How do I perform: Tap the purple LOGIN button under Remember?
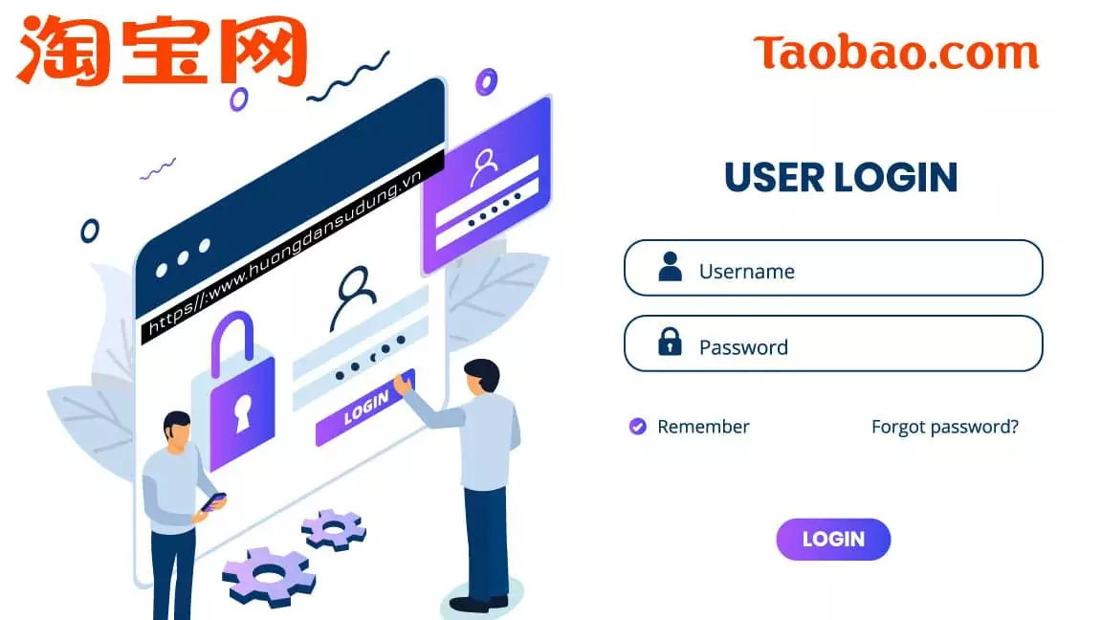click(x=833, y=540)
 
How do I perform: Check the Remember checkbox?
click(x=637, y=427)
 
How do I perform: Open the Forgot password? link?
click(x=944, y=427)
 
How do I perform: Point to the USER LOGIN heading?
click(x=841, y=178)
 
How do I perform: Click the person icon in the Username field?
click(x=671, y=267)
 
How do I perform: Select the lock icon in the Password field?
click(x=670, y=342)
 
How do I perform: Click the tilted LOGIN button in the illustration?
click(x=365, y=408)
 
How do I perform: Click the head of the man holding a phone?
click(x=177, y=430)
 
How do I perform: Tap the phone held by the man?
click(x=213, y=500)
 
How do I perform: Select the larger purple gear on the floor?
click(x=268, y=575)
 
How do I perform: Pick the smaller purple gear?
click(x=333, y=528)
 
